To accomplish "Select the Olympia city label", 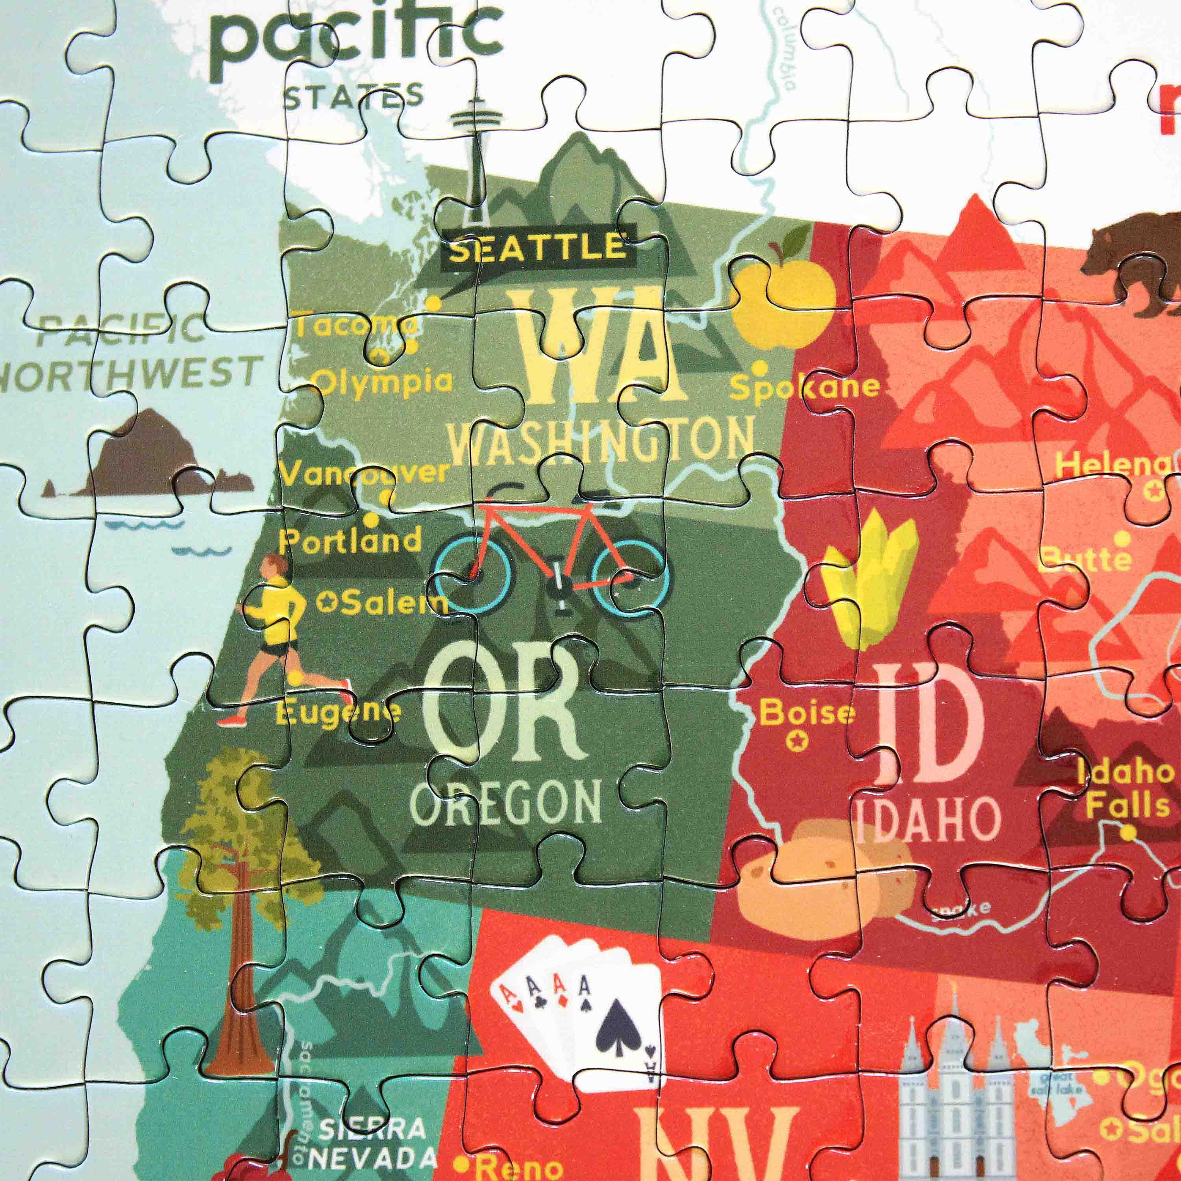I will tap(385, 382).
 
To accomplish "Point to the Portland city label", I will tap(350, 541).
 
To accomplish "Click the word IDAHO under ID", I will tap(927, 819).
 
